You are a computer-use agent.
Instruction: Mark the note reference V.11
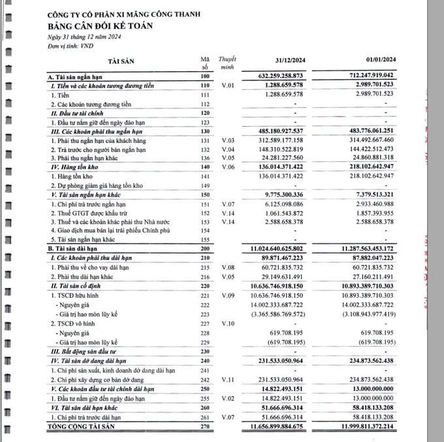point(227,379)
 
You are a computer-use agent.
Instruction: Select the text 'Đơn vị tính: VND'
point(71,48)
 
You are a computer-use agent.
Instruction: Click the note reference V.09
point(227,296)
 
